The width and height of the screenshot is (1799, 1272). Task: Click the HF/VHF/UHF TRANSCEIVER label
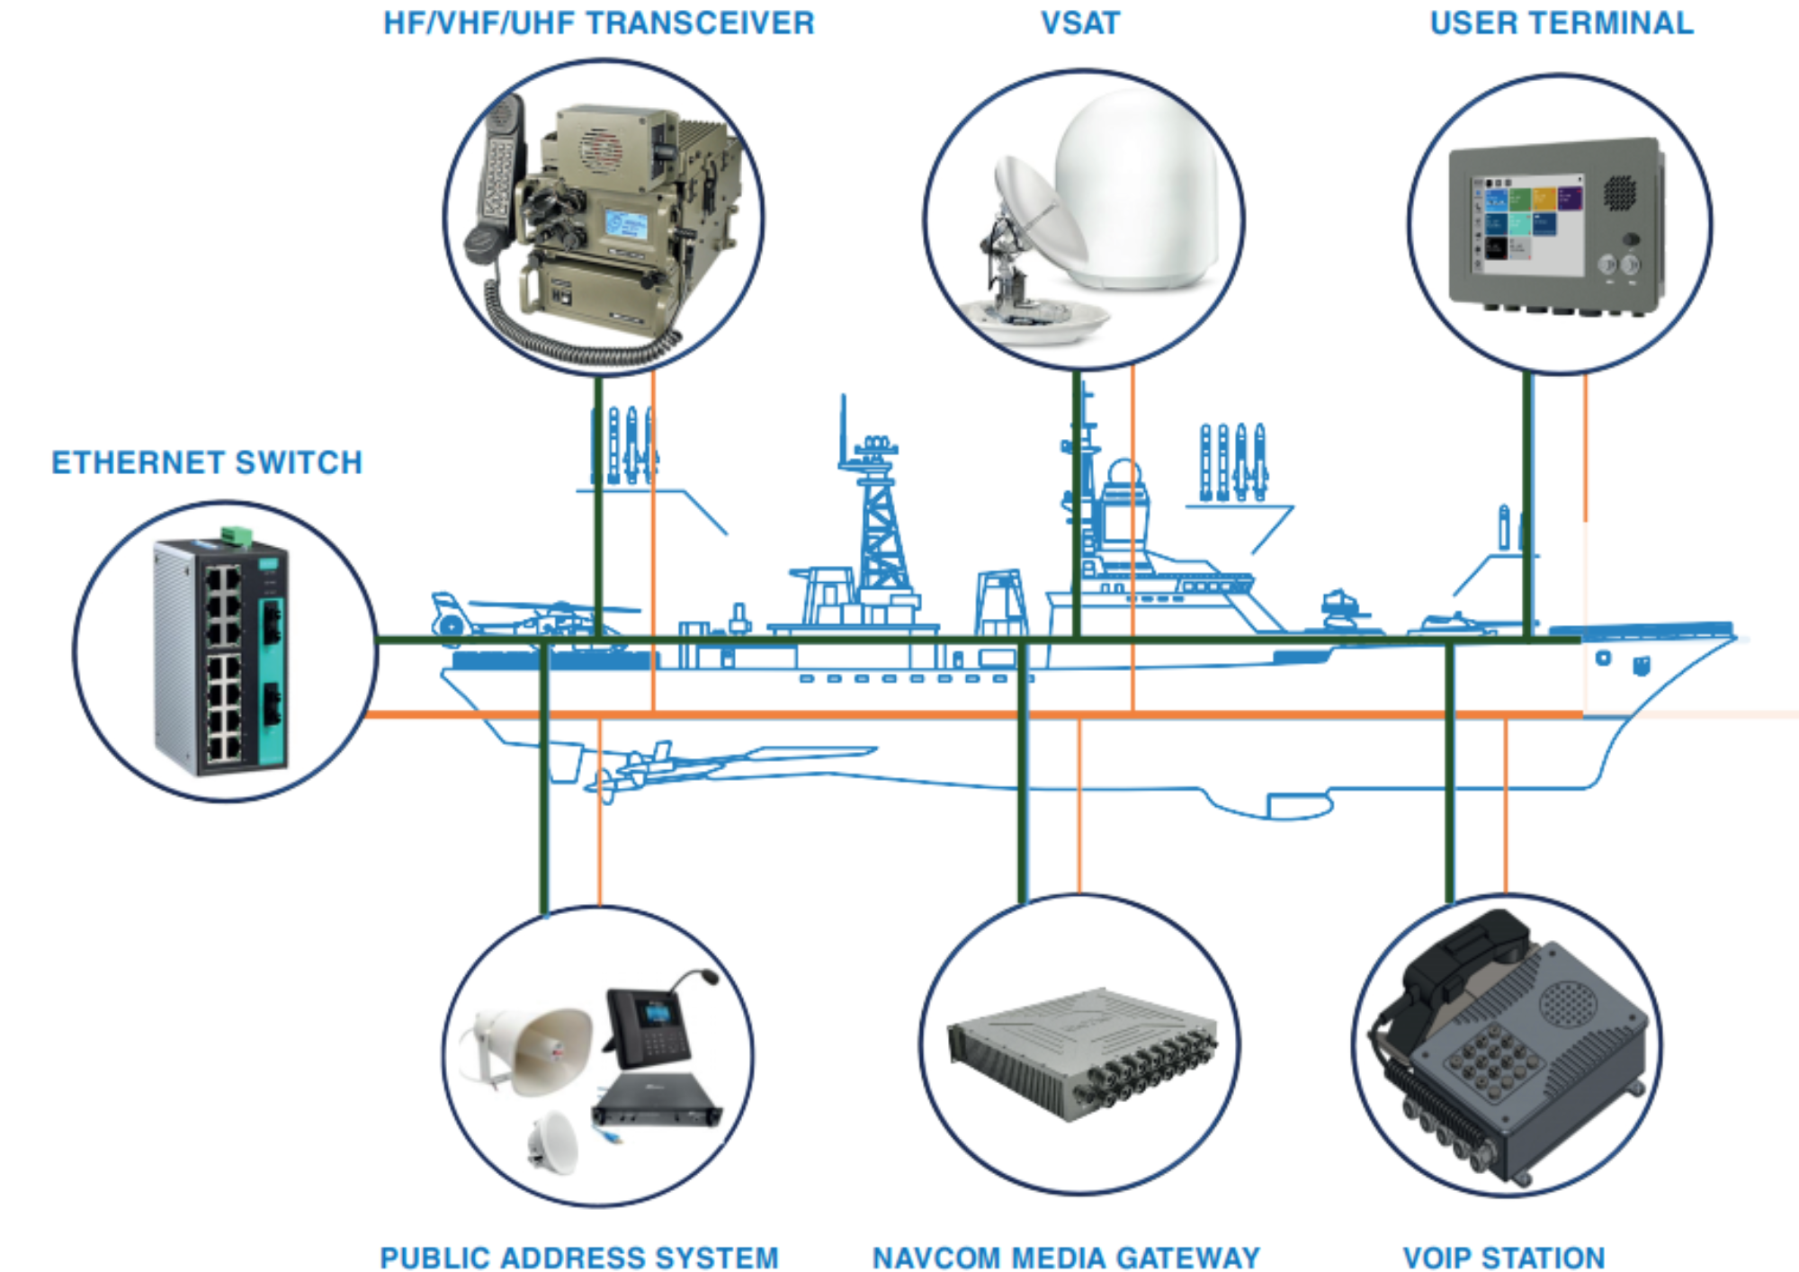point(598,23)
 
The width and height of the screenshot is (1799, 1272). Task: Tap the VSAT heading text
point(1080,23)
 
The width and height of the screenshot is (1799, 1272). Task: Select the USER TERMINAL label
point(1562,23)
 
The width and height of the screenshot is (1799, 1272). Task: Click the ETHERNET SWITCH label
point(207,462)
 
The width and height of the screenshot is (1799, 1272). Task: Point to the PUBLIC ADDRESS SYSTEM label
point(579,1257)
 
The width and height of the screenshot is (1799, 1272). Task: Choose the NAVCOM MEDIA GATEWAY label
point(1066,1257)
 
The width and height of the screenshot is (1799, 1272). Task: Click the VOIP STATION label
point(1504,1257)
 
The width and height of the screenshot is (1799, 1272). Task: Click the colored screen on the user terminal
point(1526,225)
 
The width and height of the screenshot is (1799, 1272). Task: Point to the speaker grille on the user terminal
point(1620,192)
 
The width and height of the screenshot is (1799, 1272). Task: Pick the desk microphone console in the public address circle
point(652,1026)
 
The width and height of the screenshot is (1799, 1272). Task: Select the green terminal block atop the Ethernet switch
point(237,535)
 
